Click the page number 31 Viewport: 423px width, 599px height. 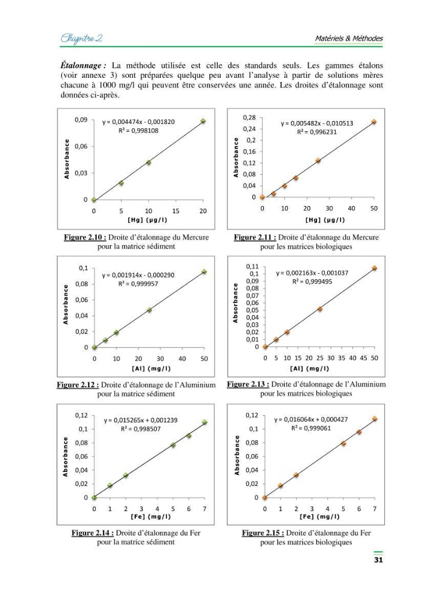pyautogui.click(x=378, y=559)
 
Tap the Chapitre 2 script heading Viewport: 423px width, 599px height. pyautogui.click(x=81, y=38)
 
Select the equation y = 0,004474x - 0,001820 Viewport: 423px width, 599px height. pyautogui.click(x=138, y=122)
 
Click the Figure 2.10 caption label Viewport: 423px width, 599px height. pyautogui.click(x=85, y=237)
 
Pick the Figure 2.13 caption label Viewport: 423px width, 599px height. pyautogui.click(x=248, y=385)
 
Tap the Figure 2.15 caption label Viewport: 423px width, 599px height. pyautogui.click(x=263, y=533)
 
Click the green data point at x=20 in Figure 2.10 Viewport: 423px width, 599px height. pyautogui.click(x=203, y=121)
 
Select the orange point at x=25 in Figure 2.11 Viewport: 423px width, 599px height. pyautogui.click(x=318, y=161)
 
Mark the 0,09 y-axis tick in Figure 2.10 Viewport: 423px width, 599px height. pyautogui.click(x=81, y=120)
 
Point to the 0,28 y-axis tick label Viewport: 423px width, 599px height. pyautogui.click(x=249, y=117)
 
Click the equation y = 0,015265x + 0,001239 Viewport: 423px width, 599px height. pyautogui.click(x=141, y=420)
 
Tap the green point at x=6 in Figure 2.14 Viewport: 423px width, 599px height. pyautogui.click(x=189, y=435)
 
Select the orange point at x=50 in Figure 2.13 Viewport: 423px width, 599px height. pyautogui.click(x=375, y=268)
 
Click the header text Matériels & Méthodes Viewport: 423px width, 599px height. pyautogui.click(x=349, y=38)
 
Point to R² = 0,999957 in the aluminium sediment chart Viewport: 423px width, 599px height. pyautogui.click(x=138, y=284)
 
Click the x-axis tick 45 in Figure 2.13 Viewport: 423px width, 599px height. pyautogui.click(x=364, y=358)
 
